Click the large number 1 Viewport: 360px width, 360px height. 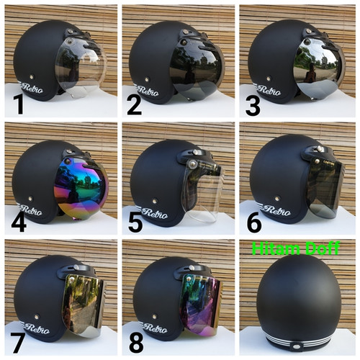[19, 104]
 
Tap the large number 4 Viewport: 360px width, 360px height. [19, 221]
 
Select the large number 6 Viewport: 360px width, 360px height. [254, 222]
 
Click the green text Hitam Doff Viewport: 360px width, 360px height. [296, 248]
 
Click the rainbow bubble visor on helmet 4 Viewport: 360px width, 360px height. [81, 189]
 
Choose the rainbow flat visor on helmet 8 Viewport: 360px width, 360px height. [201, 305]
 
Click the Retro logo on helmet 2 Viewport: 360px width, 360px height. [148, 91]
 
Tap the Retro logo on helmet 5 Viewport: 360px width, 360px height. [155, 213]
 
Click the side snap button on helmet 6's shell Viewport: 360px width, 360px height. [278, 198]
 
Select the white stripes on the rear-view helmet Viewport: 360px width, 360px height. [298, 339]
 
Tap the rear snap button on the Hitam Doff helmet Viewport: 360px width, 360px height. [298, 346]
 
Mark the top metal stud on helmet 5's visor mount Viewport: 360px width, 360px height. [196, 152]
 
